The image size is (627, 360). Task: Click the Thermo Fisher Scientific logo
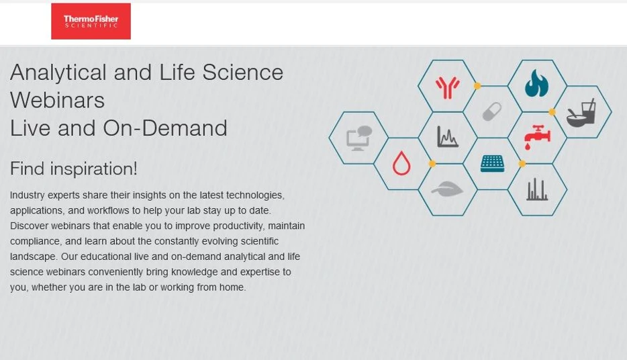pos(91,21)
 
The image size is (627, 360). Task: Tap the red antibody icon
pos(447,87)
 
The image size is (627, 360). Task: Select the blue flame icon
pos(537,85)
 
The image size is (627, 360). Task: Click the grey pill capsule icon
pos(492,111)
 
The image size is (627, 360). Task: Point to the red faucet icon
pos(537,136)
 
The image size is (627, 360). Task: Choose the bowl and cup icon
pos(581,113)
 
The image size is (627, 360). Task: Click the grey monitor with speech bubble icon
pos(358,138)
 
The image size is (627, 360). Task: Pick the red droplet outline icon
pos(401,163)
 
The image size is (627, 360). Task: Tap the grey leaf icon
pos(447,190)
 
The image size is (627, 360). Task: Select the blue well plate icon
pos(492,163)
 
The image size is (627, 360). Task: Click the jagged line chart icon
pos(447,137)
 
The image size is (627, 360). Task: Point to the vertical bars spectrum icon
pos(537,190)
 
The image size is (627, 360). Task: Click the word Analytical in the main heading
pos(58,73)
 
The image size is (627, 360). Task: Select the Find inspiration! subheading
pos(74,169)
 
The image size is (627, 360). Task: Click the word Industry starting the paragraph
pos(29,195)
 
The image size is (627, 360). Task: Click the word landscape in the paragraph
pos(33,257)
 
